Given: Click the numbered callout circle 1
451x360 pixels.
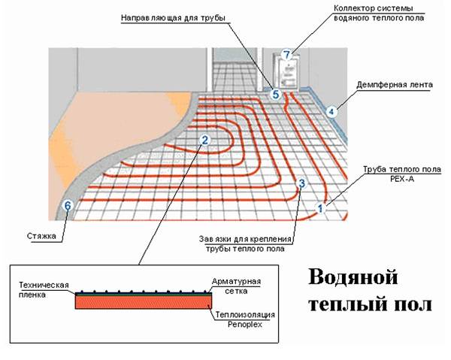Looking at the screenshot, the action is [x=320, y=208].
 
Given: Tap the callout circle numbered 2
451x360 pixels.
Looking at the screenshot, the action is [x=204, y=141].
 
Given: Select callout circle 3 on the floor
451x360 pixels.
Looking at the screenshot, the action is [x=301, y=183].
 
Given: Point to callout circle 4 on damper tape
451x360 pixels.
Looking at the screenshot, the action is [x=331, y=111].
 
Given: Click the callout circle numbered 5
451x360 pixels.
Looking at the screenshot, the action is [x=276, y=94].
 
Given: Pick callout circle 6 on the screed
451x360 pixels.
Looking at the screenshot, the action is [x=68, y=206].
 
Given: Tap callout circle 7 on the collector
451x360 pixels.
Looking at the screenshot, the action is [x=286, y=55].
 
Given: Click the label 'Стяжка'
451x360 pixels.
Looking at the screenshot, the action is [x=41, y=236].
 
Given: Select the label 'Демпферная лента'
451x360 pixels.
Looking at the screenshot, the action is [x=395, y=85].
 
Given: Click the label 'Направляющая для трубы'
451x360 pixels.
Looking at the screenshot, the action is [x=173, y=18].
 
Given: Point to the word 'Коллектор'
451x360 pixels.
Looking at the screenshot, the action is [x=354, y=8].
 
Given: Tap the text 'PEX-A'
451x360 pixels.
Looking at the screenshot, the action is [x=402, y=179].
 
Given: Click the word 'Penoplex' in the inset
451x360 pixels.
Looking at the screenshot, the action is [x=245, y=325].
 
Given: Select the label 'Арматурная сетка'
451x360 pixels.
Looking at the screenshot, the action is [x=237, y=286].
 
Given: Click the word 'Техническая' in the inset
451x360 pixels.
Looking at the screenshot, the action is [x=44, y=285].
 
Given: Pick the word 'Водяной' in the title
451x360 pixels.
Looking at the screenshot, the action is [x=353, y=277].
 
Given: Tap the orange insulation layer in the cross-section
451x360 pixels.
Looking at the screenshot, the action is [x=144, y=302].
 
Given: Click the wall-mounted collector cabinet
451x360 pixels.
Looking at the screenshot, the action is [x=286, y=71].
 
